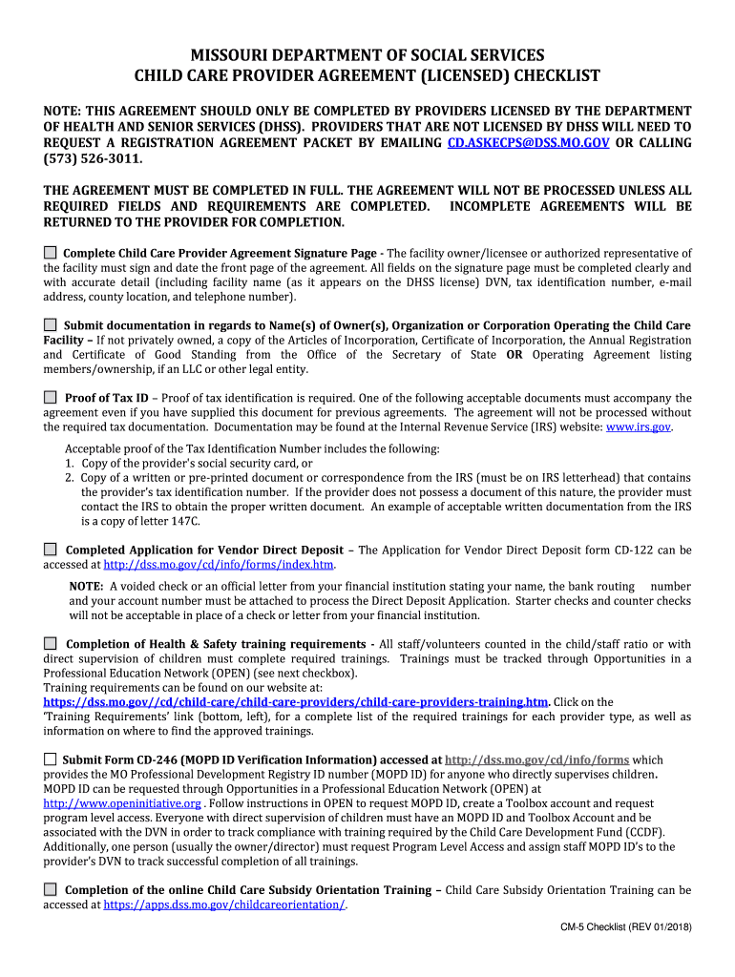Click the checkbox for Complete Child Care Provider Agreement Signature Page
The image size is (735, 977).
click(51, 253)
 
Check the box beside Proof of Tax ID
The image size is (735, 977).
click(51, 397)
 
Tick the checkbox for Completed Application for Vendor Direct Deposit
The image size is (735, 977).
click(51, 550)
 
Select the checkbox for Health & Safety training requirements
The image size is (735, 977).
click(51, 644)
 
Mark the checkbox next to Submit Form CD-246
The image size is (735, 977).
click(51, 759)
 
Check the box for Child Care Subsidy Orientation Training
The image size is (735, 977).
click(51, 889)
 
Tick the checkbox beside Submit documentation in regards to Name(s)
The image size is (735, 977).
click(51, 324)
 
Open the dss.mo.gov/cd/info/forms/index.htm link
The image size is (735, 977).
click(219, 565)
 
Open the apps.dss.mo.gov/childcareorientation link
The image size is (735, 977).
click(224, 904)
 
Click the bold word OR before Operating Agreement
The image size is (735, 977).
click(514, 355)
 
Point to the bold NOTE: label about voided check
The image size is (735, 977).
click(87, 586)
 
